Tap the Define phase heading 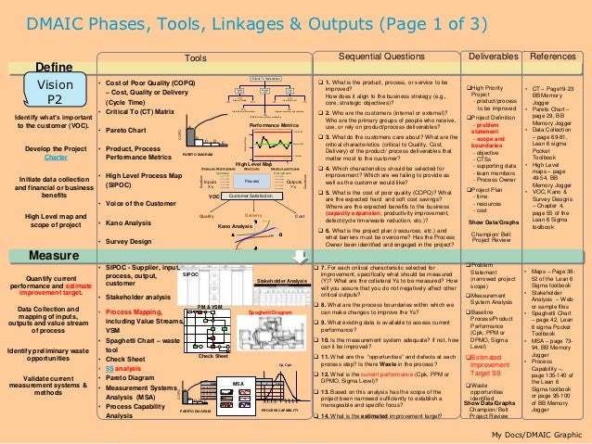54,67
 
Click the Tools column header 196,57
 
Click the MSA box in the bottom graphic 238,382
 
